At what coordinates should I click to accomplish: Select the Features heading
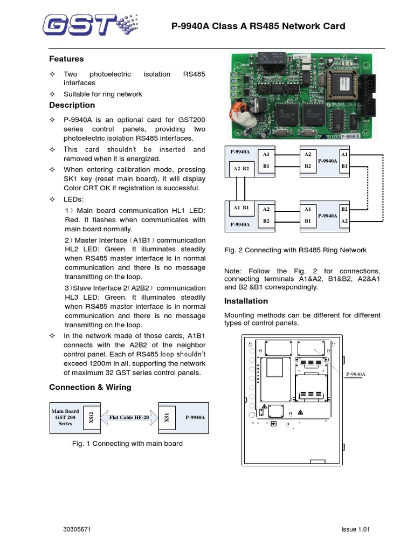tap(66, 59)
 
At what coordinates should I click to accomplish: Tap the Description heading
tap(72, 105)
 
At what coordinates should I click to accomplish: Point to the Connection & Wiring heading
tap(89, 387)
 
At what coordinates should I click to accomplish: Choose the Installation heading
tap(245, 301)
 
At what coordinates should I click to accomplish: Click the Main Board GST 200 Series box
tap(65, 417)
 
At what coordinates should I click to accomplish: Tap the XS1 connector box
tap(167, 417)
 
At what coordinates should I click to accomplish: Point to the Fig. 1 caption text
tap(127, 444)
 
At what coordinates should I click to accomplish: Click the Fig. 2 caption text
tap(295, 250)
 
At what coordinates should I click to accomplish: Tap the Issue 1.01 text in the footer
tap(356, 530)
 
